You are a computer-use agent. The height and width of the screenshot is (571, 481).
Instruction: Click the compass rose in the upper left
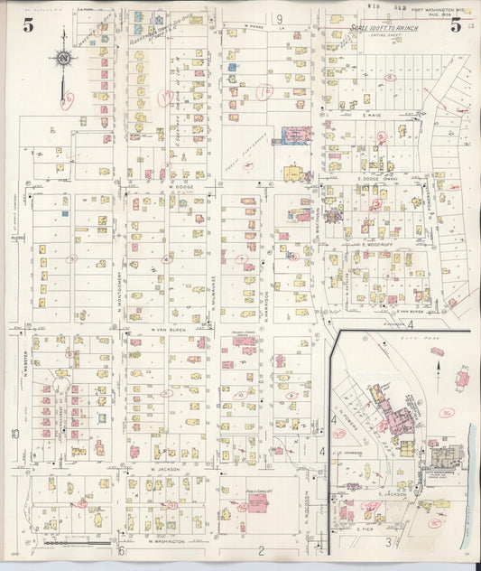pyautogui.click(x=64, y=59)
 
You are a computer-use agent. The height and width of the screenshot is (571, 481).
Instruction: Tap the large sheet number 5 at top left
pyautogui.click(x=28, y=25)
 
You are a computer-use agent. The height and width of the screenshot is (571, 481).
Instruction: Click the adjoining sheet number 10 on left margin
pyautogui.click(x=15, y=434)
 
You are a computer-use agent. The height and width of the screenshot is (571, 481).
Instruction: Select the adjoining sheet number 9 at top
pyautogui.click(x=280, y=18)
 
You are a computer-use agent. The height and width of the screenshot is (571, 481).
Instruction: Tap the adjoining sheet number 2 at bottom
pyautogui.click(x=260, y=550)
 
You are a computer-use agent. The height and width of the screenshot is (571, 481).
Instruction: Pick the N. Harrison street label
pyautogui.click(x=267, y=307)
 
